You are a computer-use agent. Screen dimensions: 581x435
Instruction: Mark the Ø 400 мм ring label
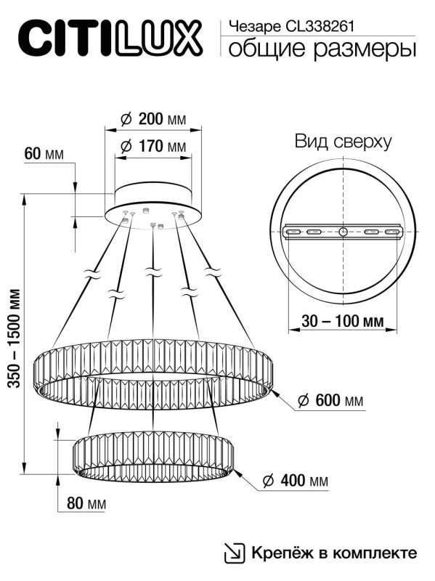[293, 481]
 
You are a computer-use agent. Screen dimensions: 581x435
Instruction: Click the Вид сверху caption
[342, 142]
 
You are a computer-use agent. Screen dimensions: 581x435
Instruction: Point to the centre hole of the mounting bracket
[342, 232]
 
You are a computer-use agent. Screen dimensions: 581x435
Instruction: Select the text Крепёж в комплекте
[334, 553]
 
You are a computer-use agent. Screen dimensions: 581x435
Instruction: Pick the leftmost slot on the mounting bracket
[293, 232]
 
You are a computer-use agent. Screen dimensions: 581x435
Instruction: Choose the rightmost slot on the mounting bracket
[393, 232]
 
